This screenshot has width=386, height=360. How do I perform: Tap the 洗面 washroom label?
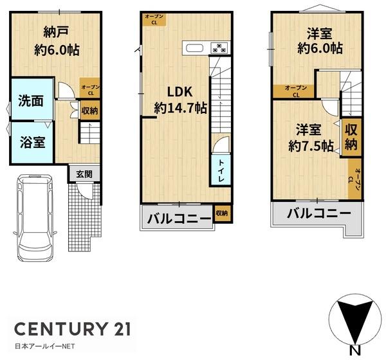(30, 100)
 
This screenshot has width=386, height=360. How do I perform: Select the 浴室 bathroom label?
(30, 141)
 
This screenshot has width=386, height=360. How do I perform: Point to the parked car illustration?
(36, 216)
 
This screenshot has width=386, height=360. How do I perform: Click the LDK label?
(180, 91)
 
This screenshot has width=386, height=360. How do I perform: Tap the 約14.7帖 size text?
(180, 108)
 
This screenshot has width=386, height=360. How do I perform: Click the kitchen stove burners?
(219, 48)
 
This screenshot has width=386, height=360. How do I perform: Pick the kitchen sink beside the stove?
(194, 48)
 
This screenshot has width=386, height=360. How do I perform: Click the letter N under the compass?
(353, 350)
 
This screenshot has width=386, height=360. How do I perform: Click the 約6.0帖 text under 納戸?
(57, 50)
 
